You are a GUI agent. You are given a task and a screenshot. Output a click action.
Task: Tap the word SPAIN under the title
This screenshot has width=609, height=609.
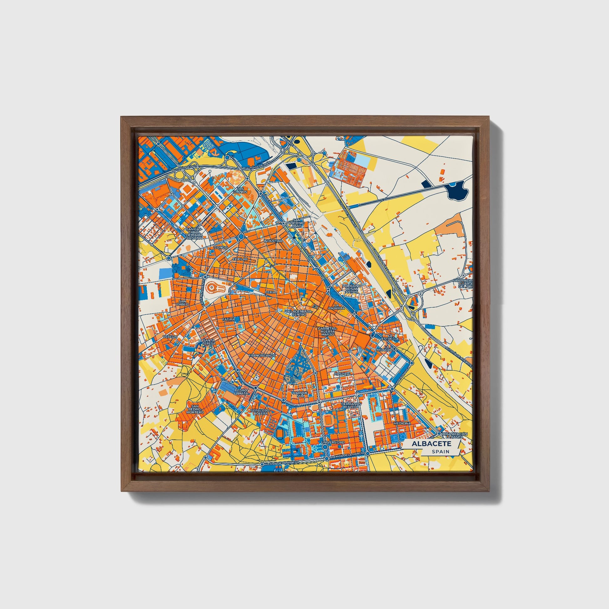pyautogui.click(x=441, y=451)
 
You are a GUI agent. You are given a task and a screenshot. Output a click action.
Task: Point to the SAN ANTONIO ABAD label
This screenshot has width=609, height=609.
pyautogui.click(x=298, y=223)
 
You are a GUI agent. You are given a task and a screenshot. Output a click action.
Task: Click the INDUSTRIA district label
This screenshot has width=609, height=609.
pyautogui.click(x=273, y=241)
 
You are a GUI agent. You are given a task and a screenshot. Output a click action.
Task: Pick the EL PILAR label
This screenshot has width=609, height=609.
pyautogui.click(x=240, y=259)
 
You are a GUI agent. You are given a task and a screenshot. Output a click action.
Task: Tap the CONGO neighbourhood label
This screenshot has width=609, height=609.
pyautogui.click(x=221, y=248)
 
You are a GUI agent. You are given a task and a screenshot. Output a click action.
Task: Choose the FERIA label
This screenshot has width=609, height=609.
pyautogui.click(x=270, y=292)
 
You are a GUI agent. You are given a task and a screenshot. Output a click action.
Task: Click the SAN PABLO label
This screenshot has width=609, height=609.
pyautogui.click(x=182, y=303)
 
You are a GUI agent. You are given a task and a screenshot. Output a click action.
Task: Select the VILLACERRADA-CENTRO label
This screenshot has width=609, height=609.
pyautogui.click(x=299, y=313)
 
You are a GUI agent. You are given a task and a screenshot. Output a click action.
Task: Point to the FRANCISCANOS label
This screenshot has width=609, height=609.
pyautogui.click(x=262, y=355)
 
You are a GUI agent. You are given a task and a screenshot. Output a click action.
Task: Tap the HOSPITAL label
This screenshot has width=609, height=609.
pyautogui.click(x=342, y=374)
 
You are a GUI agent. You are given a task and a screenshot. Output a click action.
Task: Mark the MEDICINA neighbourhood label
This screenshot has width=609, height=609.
pyautogui.click(x=402, y=423)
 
